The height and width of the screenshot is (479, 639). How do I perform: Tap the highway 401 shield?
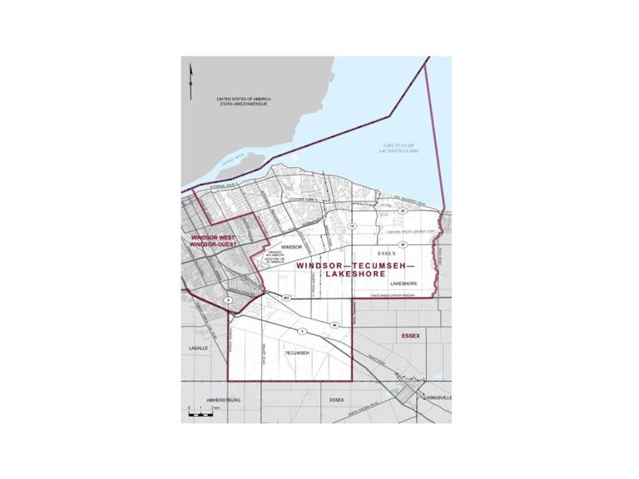click(x=285, y=298)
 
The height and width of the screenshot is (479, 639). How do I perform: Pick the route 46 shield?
click(x=334, y=324)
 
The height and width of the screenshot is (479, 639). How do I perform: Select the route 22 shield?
click(x=401, y=211)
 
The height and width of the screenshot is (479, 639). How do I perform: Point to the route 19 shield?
click(x=352, y=226)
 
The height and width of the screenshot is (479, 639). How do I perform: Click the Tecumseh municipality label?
click(x=297, y=353)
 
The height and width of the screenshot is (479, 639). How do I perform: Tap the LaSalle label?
click(x=198, y=347)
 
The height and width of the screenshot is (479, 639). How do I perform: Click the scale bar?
click(x=202, y=413)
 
